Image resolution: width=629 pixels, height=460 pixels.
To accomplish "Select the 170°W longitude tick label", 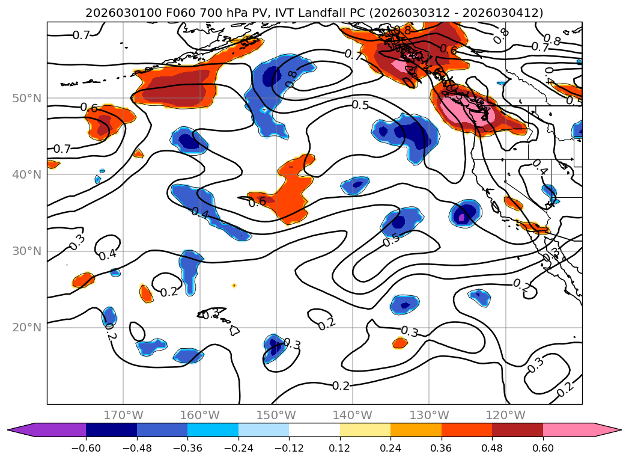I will (x=124, y=415).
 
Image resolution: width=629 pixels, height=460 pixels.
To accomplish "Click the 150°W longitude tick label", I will (x=276, y=415).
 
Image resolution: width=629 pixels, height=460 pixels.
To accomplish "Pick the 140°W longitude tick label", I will (x=353, y=415).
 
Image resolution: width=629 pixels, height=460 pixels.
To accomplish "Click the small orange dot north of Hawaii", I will (x=234, y=285).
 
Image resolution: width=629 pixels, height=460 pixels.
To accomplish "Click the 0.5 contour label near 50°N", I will (x=360, y=105).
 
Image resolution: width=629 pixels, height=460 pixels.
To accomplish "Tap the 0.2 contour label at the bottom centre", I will (x=341, y=385).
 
